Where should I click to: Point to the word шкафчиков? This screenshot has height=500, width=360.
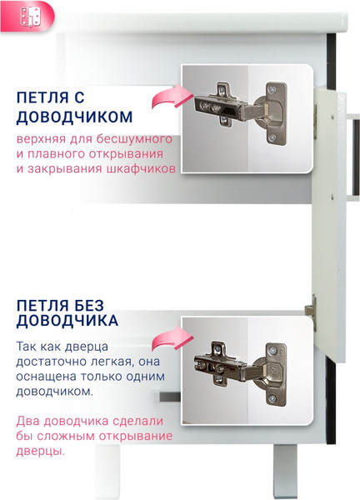[145, 168]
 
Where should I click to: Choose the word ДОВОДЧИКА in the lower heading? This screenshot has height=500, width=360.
[67, 320]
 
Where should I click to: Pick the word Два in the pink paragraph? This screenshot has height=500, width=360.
[29, 421]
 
